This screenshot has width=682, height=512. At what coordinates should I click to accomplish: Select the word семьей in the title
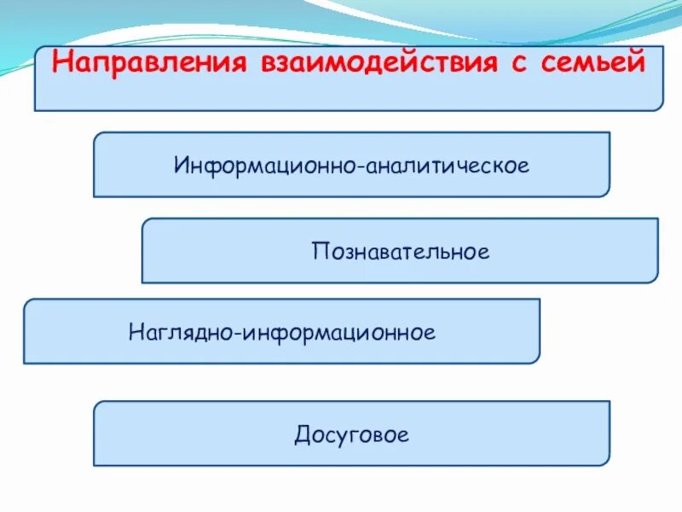592,64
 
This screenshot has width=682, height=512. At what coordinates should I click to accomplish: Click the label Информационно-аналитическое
351,164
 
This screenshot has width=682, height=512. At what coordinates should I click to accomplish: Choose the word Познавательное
400,252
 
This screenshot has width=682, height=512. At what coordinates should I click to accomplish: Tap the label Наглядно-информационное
282,331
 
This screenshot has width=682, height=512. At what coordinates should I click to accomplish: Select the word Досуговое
352,435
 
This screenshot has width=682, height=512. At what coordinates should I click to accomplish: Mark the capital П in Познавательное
318,252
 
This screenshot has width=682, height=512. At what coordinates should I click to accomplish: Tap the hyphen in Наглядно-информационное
240,332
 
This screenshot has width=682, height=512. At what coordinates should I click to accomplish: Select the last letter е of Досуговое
404,436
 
